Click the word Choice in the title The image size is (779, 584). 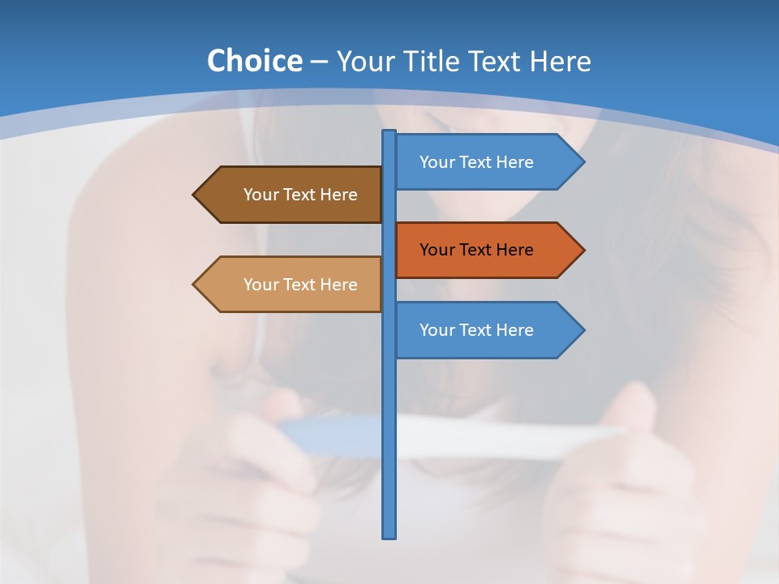(254, 61)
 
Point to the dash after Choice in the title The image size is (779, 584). (319, 62)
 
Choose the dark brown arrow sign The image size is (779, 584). (292, 195)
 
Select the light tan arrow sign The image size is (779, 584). (292, 285)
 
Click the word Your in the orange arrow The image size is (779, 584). (437, 250)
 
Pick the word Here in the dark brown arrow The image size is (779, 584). (338, 195)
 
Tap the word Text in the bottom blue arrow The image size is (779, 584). (476, 330)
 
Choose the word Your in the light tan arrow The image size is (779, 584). (261, 285)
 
